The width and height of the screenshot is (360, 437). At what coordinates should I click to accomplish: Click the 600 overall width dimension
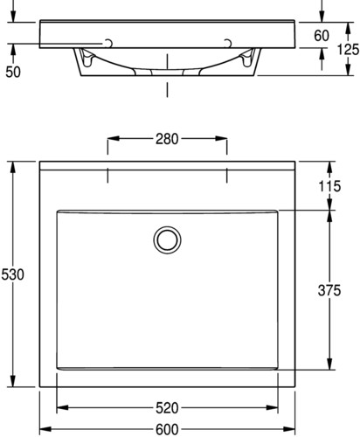167,430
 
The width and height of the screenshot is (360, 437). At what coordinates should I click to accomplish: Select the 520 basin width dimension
167,408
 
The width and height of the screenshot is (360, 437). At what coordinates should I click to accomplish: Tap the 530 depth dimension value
12,274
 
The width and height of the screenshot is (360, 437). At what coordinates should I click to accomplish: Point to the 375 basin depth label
329,290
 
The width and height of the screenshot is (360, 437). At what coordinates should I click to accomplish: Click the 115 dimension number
329,186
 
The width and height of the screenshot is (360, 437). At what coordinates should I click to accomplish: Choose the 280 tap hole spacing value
167,139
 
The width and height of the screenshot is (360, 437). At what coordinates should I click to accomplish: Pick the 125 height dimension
349,49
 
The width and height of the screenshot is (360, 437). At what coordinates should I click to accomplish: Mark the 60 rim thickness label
322,36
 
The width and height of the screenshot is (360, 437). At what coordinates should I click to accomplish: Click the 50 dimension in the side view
13,72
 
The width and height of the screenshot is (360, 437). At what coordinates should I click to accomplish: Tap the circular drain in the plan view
167,240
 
